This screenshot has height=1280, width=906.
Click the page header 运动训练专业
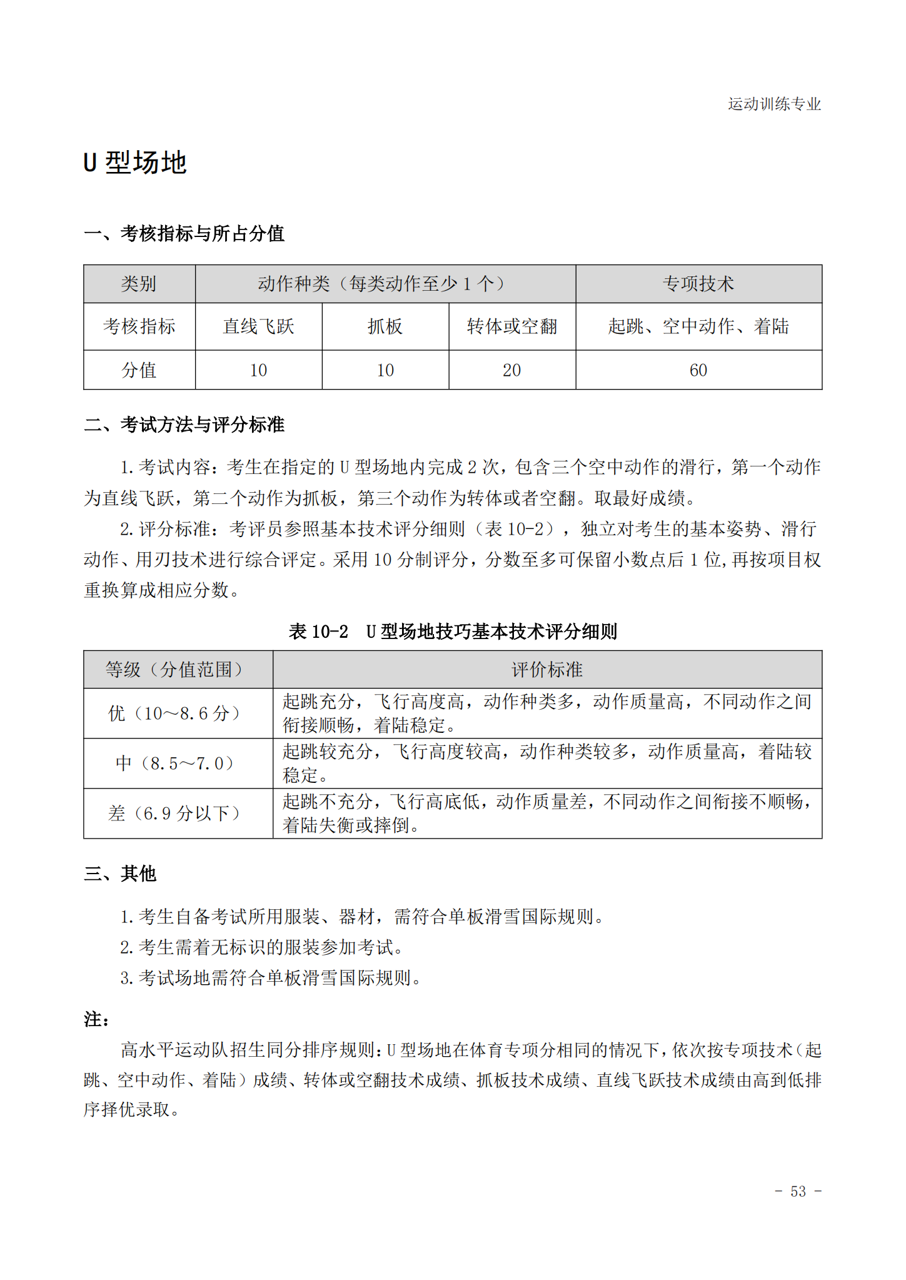pos(773,104)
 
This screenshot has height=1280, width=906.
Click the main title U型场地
pos(135,163)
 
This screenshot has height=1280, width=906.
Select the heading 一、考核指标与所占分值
pos(184,234)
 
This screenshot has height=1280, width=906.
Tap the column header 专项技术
pos(698,284)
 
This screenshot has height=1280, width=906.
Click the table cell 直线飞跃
pos(258,326)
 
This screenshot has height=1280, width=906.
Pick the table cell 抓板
pos(385,326)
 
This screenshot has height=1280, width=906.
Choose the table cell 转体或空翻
pos(511,326)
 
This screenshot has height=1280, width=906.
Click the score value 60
pos(698,370)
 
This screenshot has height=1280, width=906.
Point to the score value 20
pos(511,370)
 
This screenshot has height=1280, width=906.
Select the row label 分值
pos(139,370)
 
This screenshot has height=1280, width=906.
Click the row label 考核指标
pos(139,326)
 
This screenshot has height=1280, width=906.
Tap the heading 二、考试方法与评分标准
pos(184,425)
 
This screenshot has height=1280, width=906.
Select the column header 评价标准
pos(546,670)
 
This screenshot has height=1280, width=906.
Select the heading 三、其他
pos(119,874)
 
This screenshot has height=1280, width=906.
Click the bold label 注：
pos(96,1020)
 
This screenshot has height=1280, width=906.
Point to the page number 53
pos(798,1191)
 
